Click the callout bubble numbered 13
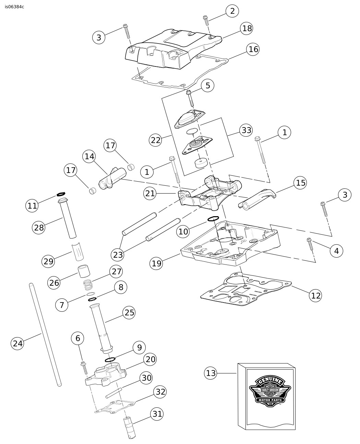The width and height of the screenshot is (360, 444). [x=211, y=373]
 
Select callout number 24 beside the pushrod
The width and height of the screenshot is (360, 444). [x=17, y=343]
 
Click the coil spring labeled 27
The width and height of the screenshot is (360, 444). [x=88, y=284]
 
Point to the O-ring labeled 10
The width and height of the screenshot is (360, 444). [x=213, y=219]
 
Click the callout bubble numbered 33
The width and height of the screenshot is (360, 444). [x=246, y=130]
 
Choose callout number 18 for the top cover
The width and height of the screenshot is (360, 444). [x=247, y=28]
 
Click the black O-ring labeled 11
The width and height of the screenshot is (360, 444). [x=61, y=194]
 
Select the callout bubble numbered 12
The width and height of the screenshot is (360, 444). [x=315, y=295]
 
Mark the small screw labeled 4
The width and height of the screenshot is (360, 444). [x=310, y=244]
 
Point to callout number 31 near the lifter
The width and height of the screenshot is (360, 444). [x=157, y=414]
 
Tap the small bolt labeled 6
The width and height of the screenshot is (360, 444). [x=83, y=367]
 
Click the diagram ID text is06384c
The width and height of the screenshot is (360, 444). [x=14, y=7]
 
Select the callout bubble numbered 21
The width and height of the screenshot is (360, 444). [x=150, y=194]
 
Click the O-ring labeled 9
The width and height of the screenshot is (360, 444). [x=110, y=359]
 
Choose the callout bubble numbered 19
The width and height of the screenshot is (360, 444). [x=156, y=263]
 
